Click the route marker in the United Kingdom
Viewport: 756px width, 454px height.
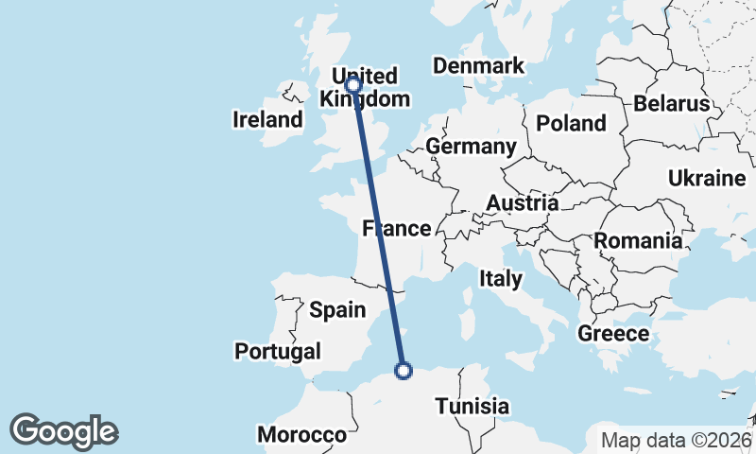[x=353, y=85]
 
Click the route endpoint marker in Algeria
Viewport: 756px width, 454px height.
[x=404, y=371]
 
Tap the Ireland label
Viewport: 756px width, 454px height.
[x=267, y=120]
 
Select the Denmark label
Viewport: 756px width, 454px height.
[x=478, y=65]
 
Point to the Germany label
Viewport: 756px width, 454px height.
[x=471, y=147]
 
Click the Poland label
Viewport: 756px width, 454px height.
[x=571, y=123]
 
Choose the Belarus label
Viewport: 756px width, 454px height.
[x=672, y=103]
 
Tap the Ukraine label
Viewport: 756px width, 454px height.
[x=707, y=178]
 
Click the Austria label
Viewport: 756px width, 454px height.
[x=522, y=202]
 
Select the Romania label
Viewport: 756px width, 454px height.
[x=638, y=241]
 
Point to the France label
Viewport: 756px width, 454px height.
[x=398, y=229]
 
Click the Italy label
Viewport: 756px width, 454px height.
[x=501, y=278]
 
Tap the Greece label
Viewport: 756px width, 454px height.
[x=613, y=333]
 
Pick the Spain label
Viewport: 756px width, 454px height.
[x=337, y=309]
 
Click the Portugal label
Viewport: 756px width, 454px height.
[x=278, y=351]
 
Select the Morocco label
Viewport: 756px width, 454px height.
[x=302, y=435]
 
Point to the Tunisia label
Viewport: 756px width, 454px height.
[x=472, y=407]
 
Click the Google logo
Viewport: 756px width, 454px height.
[x=64, y=431]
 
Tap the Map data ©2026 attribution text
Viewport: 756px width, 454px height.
[x=676, y=440]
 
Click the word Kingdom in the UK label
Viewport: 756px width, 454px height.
[x=365, y=99]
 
